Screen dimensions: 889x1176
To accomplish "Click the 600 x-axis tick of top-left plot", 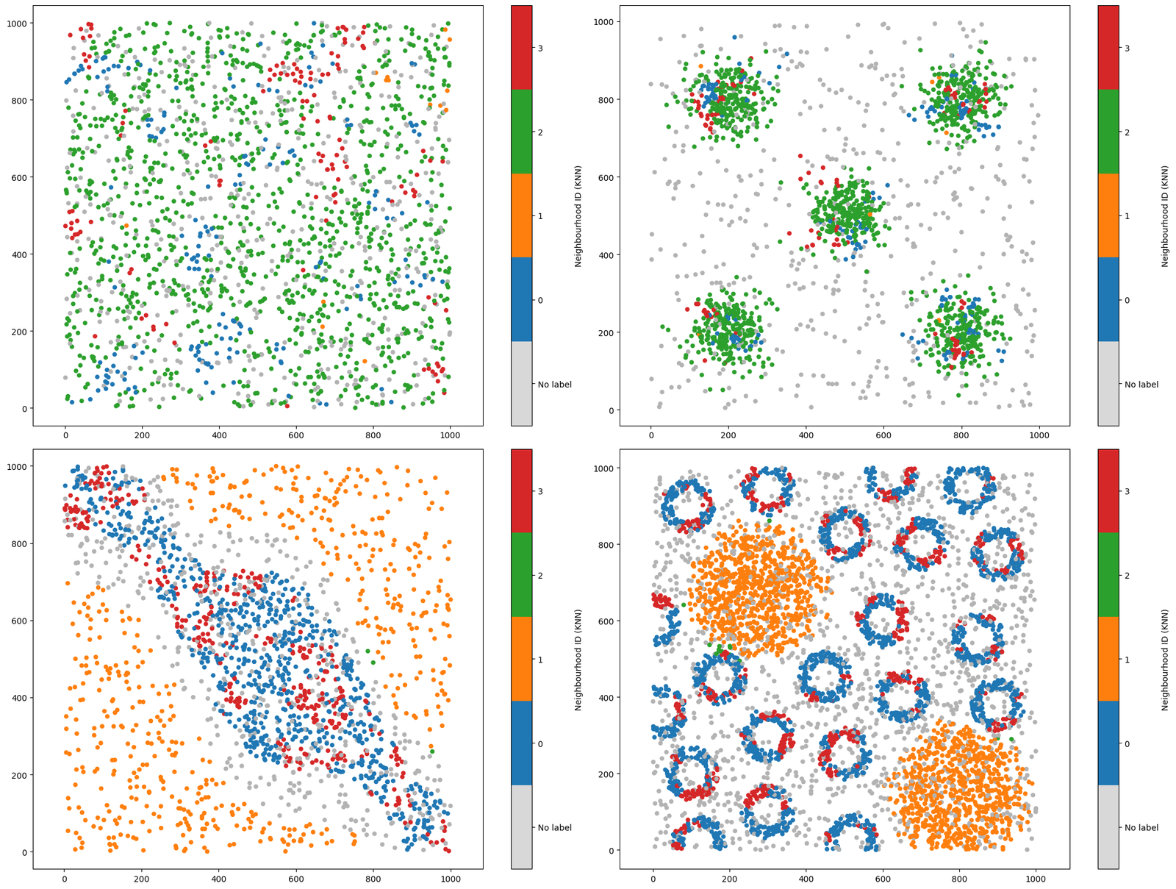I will [295, 435].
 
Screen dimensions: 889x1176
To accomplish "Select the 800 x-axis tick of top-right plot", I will [961, 435].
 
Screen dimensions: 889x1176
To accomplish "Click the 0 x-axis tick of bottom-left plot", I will [65, 879].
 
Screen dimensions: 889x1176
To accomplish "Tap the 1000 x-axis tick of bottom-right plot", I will [1036, 879].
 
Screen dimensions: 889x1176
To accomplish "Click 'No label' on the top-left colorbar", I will [554, 385].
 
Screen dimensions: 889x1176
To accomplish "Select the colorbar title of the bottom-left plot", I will [578, 659].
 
